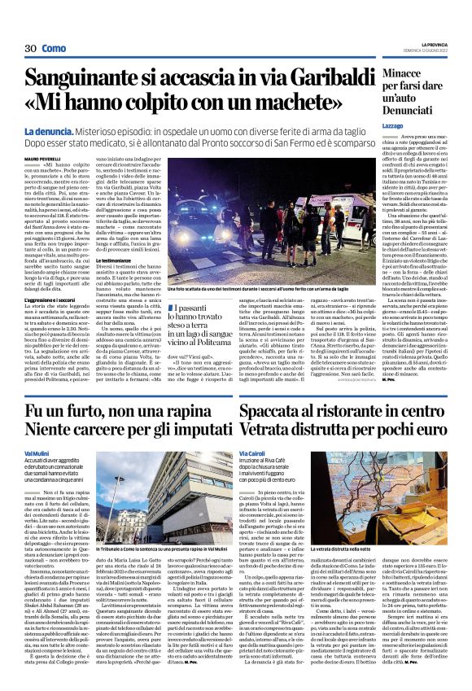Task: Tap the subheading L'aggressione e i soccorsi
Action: click(55, 300)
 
